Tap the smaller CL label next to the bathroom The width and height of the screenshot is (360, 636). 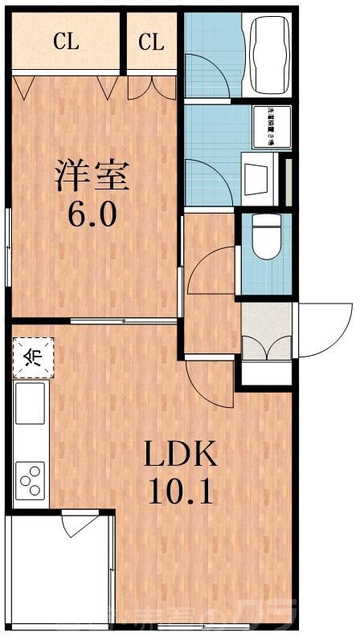click(x=151, y=42)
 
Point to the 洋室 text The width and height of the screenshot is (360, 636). click(x=92, y=176)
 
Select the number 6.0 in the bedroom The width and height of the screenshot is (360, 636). click(x=92, y=214)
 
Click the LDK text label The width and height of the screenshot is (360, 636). click(x=180, y=455)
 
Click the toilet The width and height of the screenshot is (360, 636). click(x=263, y=235)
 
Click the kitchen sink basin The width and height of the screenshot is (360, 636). click(x=30, y=403)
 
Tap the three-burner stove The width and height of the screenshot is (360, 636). click(x=31, y=480)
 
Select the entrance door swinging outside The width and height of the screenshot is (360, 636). click(x=325, y=322)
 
